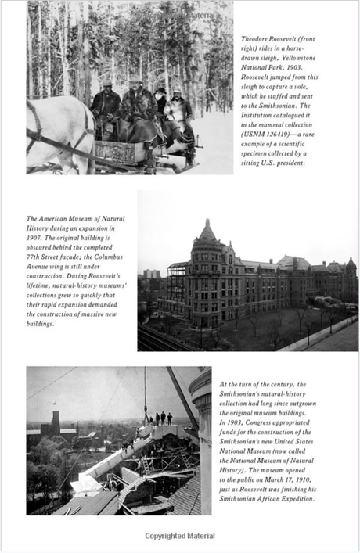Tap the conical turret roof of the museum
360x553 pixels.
(x=207, y=232)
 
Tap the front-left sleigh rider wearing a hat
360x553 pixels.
(x=106, y=102)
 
